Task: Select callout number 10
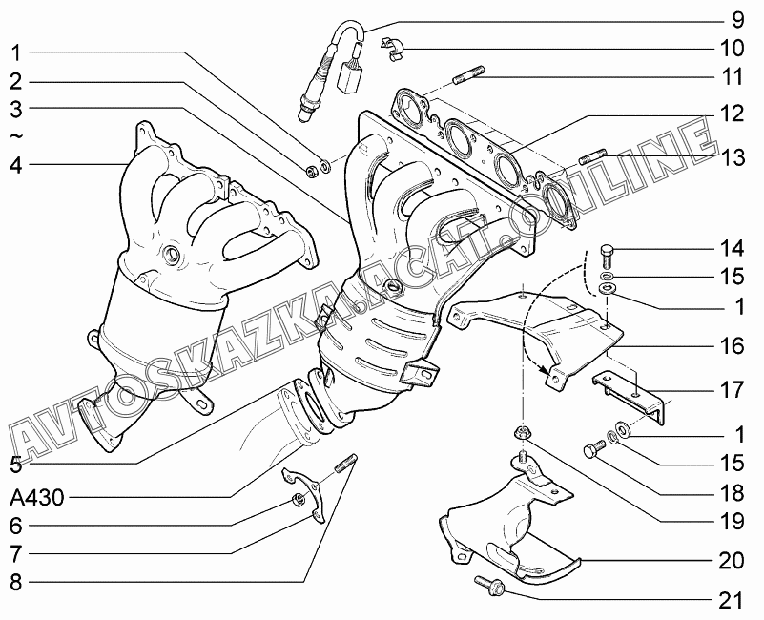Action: pos(732,47)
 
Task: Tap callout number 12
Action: pos(732,114)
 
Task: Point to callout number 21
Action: pos(732,600)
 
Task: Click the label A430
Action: pos(38,497)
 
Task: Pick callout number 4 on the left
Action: pos(15,164)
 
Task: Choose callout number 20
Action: pos(732,561)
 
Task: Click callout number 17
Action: pos(732,391)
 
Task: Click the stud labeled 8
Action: pos(344,466)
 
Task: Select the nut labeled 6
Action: pos(298,500)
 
